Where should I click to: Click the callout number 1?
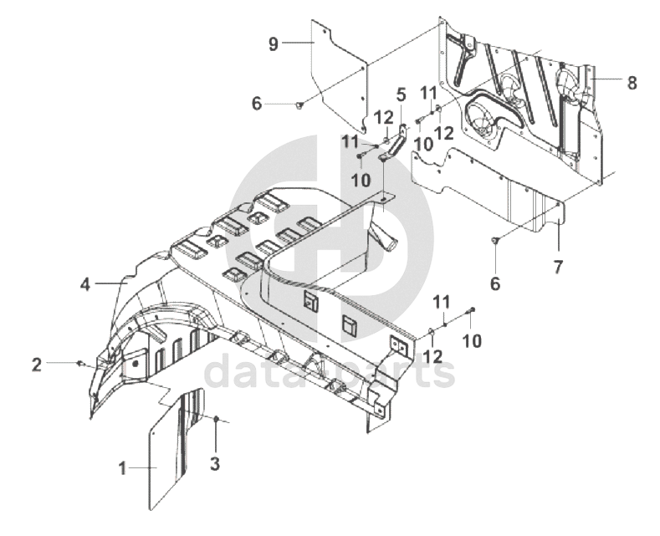tap(122, 469)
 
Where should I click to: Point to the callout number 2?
tap(36, 364)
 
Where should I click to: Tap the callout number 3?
tap(215, 463)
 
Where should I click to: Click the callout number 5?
tap(401, 94)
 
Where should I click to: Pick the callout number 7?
tap(558, 268)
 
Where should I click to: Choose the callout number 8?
tap(632, 83)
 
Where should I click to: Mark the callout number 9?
tap(273, 44)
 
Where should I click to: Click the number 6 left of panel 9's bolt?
tap(257, 104)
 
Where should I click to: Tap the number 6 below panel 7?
tap(495, 283)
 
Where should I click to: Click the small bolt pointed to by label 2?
tap(79, 364)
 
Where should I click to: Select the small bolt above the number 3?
tap(216, 418)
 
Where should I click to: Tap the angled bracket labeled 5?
tap(397, 142)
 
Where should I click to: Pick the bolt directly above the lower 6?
tap(495, 241)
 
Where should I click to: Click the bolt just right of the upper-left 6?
tap(299, 104)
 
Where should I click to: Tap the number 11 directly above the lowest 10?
tap(442, 300)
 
